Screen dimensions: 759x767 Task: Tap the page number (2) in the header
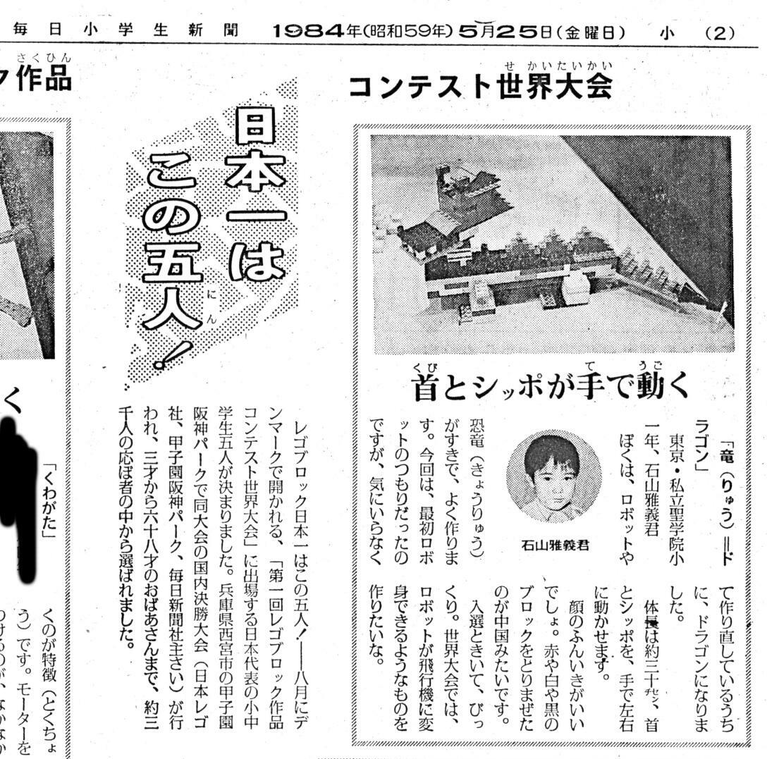coord(720,32)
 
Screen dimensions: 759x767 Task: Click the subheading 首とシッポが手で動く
coord(551,386)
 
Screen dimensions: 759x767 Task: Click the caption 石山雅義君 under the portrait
coord(555,545)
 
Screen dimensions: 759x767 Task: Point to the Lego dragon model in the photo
coord(550,254)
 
